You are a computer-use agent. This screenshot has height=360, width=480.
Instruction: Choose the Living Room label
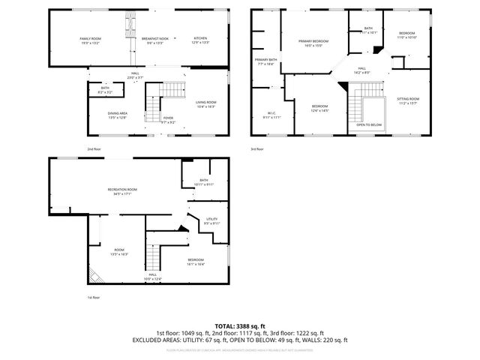click(205, 103)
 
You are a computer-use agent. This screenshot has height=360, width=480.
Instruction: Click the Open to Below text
click(369, 124)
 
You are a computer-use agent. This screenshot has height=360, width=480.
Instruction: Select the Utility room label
click(212, 220)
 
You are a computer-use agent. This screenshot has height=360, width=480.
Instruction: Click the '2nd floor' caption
click(94, 148)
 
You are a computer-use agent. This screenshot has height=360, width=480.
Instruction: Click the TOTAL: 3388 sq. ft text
click(239, 326)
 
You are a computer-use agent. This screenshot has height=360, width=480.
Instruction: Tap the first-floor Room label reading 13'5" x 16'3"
click(118, 252)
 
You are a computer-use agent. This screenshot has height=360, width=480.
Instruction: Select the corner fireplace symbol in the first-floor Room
click(94, 275)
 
